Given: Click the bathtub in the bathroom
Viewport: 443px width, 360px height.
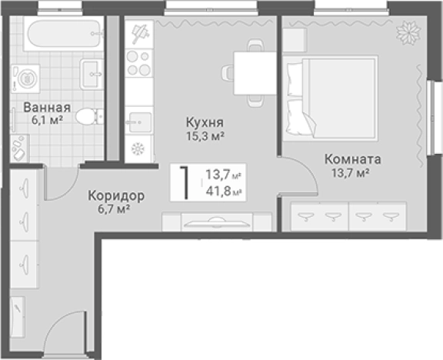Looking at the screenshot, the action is pyautogui.click(x=64, y=34).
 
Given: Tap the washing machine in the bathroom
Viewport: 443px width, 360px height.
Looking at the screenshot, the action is pyautogui.click(x=25, y=78).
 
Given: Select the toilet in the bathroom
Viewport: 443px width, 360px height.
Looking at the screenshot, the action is pyautogui.click(x=89, y=117).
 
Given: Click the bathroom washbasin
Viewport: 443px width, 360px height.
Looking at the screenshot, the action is pyautogui.click(x=92, y=74).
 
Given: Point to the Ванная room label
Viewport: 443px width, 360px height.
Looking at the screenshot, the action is pyautogui.click(x=47, y=108).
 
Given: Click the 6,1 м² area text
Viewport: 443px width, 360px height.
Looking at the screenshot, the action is pyautogui.click(x=47, y=120).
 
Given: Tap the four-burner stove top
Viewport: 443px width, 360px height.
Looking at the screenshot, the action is pyautogui.click(x=138, y=63).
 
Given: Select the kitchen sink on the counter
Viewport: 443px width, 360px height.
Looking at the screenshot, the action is pyautogui.click(x=139, y=122).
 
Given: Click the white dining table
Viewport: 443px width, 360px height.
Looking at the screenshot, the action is pyautogui.click(x=255, y=73).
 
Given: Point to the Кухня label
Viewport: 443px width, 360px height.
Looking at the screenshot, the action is pyautogui.click(x=205, y=122).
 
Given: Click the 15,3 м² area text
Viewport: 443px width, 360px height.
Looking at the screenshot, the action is pyautogui.click(x=205, y=136).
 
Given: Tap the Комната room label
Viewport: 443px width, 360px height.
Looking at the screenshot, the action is pyautogui.click(x=352, y=159).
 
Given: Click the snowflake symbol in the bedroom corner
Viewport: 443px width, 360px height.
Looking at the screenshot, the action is pyautogui.click(x=408, y=32).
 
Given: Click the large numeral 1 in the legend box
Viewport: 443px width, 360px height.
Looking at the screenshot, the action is pyautogui.click(x=185, y=182).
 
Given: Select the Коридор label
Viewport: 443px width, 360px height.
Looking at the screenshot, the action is pyautogui.click(x=116, y=195).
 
